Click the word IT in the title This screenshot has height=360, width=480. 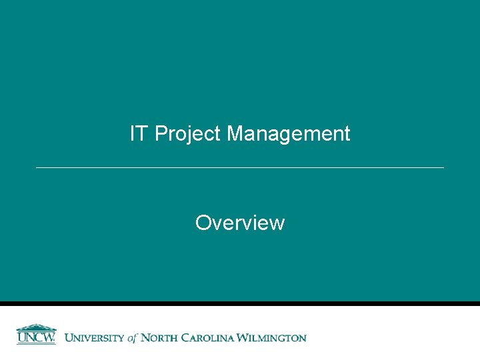pos(139,134)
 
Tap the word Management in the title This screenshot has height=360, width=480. pos(288,135)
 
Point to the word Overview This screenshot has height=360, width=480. pos(240,223)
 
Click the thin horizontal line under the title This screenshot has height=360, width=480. pos(240,167)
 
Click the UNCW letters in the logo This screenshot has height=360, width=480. pos(36,338)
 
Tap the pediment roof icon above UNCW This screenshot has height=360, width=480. pos(36,327)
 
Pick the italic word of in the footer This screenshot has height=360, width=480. pos(131,338)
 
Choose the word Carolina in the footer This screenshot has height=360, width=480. pos(209,338)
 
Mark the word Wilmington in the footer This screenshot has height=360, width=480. pos(273,338)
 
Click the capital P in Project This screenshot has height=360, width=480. pos(160,134)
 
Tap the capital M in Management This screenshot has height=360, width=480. pos(235,134)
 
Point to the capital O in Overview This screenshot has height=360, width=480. pos(203,223)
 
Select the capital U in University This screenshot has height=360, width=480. pos(69,338)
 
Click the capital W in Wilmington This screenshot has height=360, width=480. pos(246,338)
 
